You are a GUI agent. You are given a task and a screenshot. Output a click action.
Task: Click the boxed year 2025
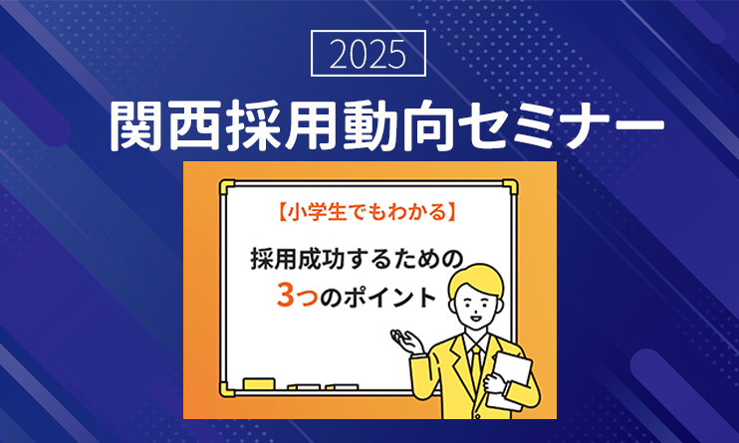369,53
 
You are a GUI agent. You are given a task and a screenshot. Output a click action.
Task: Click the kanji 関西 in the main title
166,125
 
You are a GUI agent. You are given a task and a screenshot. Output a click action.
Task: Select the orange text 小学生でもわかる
367,212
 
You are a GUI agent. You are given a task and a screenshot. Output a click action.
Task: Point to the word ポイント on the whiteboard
389,297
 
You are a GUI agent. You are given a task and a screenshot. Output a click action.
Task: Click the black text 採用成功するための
357,259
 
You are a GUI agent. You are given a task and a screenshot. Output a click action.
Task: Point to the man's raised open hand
406,341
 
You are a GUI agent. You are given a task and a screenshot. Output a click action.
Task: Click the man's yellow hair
475,279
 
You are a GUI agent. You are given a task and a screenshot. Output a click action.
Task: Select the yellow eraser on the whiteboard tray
259,383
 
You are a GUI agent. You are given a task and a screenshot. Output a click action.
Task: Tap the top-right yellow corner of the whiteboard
510,186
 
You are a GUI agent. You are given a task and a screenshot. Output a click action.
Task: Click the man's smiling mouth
476,320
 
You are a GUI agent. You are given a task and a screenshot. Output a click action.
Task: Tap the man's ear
453,306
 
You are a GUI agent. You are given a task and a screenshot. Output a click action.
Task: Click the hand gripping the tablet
495,382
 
